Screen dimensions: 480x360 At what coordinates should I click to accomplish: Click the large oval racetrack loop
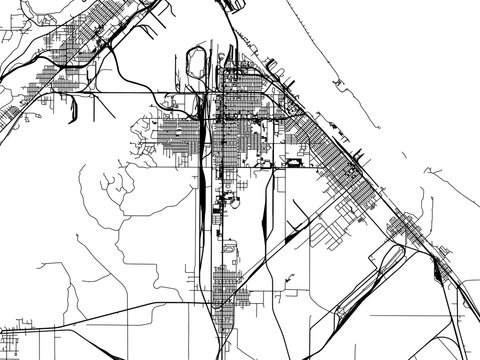197,64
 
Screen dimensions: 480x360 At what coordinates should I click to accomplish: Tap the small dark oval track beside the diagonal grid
294,162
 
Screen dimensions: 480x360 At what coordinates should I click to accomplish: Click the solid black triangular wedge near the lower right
437,267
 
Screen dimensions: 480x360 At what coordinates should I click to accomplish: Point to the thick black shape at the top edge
236,5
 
